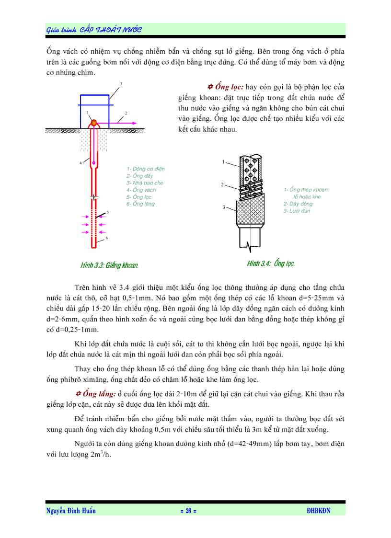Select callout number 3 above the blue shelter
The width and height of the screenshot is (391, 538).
click(x=121, y=84)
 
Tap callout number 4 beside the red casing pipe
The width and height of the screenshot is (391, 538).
click(x=80, y=163)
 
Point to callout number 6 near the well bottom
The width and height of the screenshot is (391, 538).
click(x=106, y=238)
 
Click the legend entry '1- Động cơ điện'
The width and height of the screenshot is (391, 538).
click(x=146, y=169)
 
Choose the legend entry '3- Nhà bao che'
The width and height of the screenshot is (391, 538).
click(x=145, y=183)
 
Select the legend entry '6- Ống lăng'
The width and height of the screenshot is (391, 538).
click(x=141, y=204)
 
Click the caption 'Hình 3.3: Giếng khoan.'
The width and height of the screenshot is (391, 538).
click(x=110, y=265)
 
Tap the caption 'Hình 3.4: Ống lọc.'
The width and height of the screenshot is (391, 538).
click(x=271, y=263)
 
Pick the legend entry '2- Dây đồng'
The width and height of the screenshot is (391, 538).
click(x=298, y=204)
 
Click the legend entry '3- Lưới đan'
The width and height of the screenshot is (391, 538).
click(x=297, y=211)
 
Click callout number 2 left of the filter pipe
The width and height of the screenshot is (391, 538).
click(x=222, y=184)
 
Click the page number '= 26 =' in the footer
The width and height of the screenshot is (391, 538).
click(x=188, y=511)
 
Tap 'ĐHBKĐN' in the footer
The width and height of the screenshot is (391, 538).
click(x=318, y=511)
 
